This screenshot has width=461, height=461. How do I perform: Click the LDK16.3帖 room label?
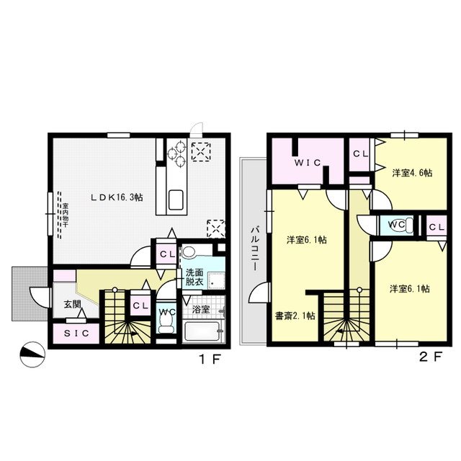pos(115,196)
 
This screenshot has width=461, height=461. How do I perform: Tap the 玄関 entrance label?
pos(72,304)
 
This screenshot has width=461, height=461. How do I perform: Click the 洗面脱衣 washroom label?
pos(194,277)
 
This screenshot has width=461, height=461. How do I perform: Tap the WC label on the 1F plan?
pos(166,312)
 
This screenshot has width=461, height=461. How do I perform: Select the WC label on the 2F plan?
pos(396,224)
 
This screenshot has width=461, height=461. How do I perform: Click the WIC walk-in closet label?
pos(306,164)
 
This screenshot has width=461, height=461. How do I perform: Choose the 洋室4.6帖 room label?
pos(412,173)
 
